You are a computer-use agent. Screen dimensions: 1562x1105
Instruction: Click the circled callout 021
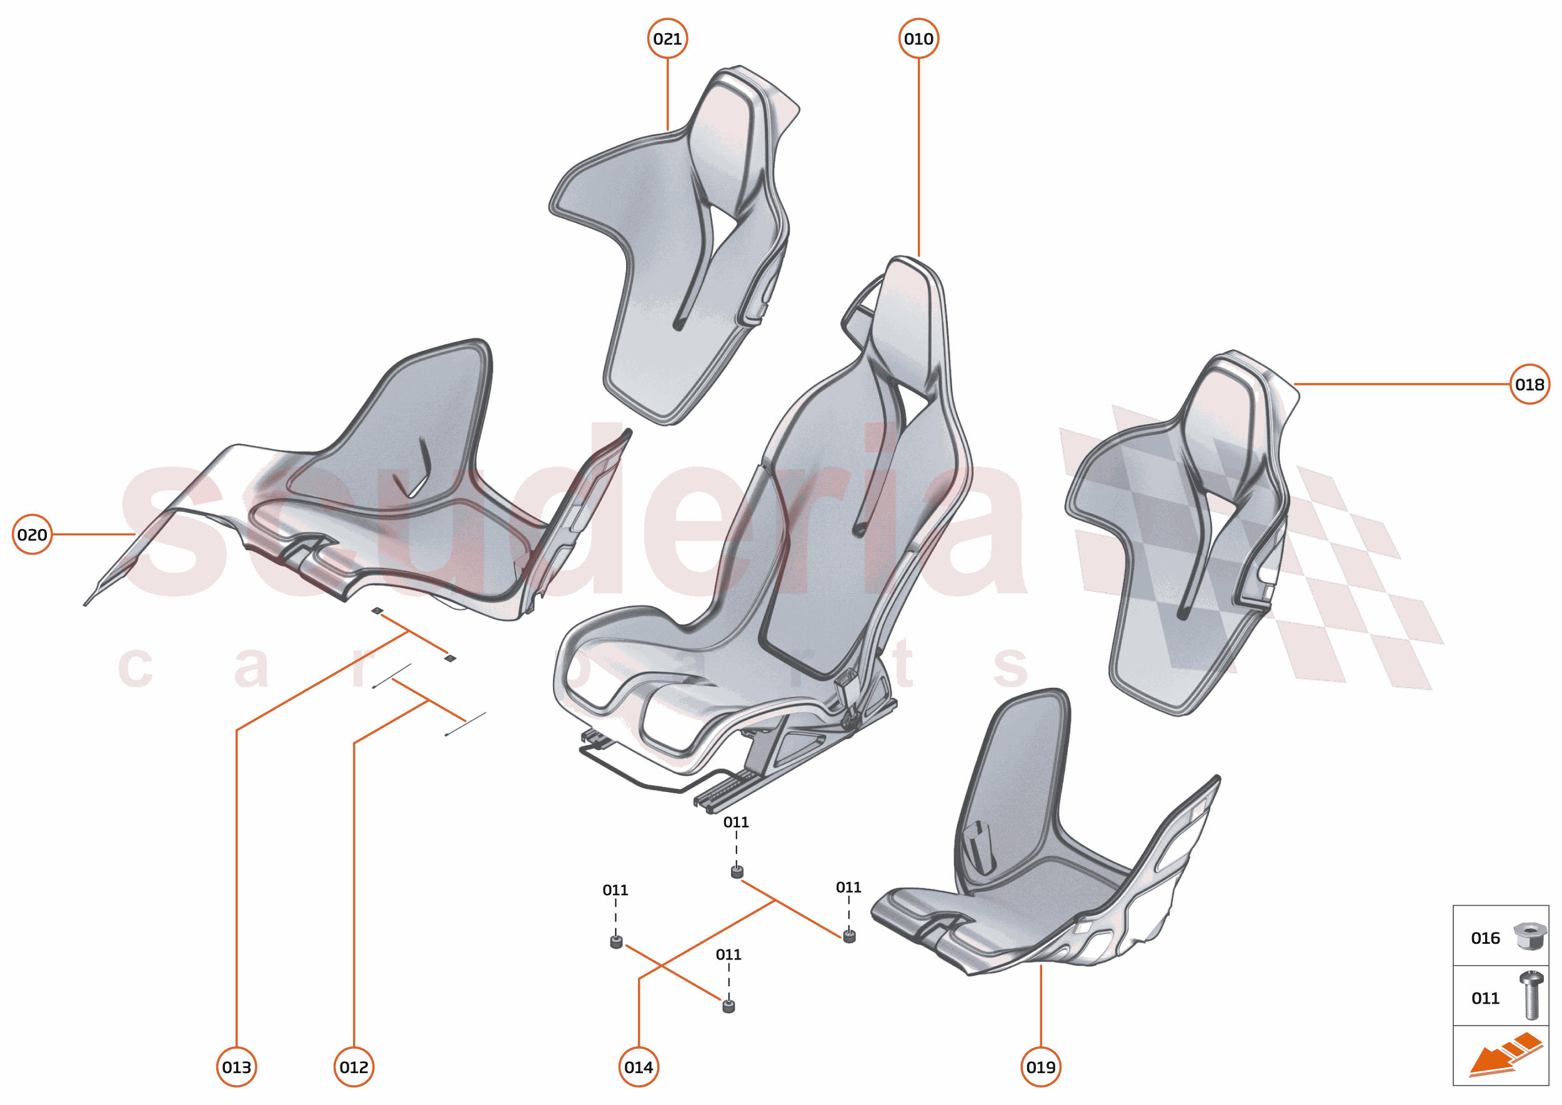pyautogui.click(x=667, y=39)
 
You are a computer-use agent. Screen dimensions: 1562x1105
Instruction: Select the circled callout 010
pyautogui.click(x=918, y=39)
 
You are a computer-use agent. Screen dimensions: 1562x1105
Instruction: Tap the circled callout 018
pyautogui.click(x=1530, y=384)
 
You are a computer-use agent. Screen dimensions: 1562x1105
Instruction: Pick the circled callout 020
pyautogui.click(x=32, y=535)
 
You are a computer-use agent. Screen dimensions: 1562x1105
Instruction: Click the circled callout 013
pyautogui.click(x=236, y=1067)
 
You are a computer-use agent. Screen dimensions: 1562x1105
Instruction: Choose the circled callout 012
pyautogui.click(x=354, y=1067)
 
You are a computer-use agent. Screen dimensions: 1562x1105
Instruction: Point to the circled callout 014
pyautogui.click(x=639, y=1067)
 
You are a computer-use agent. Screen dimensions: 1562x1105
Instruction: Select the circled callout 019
pyautogui.click(x=1041, y=1067)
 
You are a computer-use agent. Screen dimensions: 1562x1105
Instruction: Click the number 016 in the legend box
pyautogui.click(x=1485, y=938)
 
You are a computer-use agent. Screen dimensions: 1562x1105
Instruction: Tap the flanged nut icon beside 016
pyautogui.click(x=1530, y=936)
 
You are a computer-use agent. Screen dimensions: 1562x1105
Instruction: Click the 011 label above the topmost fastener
pyautogui.click(x=736, y=822)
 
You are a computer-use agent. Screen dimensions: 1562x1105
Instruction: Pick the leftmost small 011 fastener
pyautogui.click(x=616, y=943)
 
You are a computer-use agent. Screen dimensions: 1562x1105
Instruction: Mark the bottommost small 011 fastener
pyautogui.click(x=729, y=1006)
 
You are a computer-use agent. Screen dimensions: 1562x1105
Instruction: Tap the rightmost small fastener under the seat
pyautogui.click(x=848, y=936)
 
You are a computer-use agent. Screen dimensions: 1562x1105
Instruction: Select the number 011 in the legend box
pyautogui.click(x=1485, y=998)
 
